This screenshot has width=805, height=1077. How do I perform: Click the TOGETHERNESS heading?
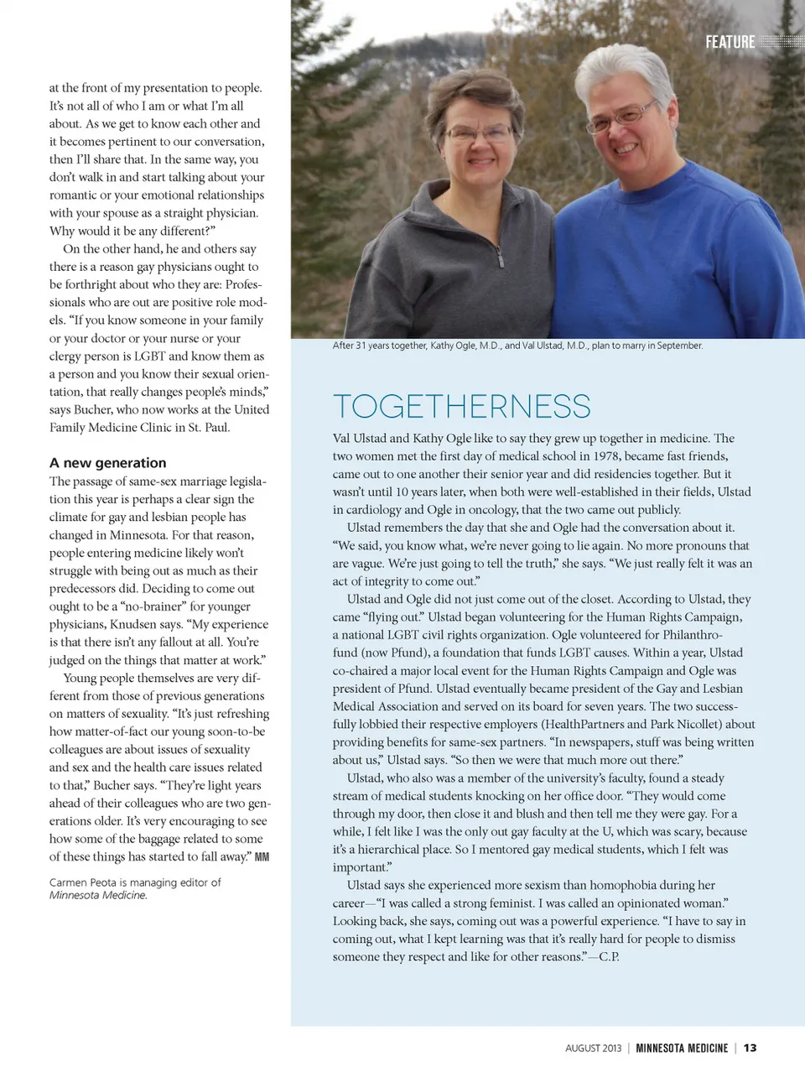tap(461, 407)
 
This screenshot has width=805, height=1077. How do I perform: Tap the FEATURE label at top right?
tap(730, 42)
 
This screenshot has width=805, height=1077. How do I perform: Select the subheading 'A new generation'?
tap(107, 463)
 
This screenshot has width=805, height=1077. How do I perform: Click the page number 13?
tap(750, 1048)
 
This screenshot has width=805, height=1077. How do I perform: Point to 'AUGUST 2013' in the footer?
tap(594, 1048)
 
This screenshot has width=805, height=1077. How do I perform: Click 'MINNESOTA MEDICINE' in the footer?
tap(682, 1048)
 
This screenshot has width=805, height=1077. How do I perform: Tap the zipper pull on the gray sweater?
tap(501, 258)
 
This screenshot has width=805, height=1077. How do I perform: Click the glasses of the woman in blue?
tap(623, 117)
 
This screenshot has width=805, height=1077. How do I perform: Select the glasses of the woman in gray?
tap(477, 133)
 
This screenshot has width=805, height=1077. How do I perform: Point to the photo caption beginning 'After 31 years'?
tap(517, 346)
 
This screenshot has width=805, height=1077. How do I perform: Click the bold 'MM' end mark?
tap(262, 857)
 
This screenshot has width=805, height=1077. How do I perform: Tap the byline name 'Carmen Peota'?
tap(82, 882)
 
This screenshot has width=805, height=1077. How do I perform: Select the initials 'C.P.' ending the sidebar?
tap(609, 957)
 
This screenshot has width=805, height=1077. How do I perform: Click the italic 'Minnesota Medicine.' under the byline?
tap(98, 895)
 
